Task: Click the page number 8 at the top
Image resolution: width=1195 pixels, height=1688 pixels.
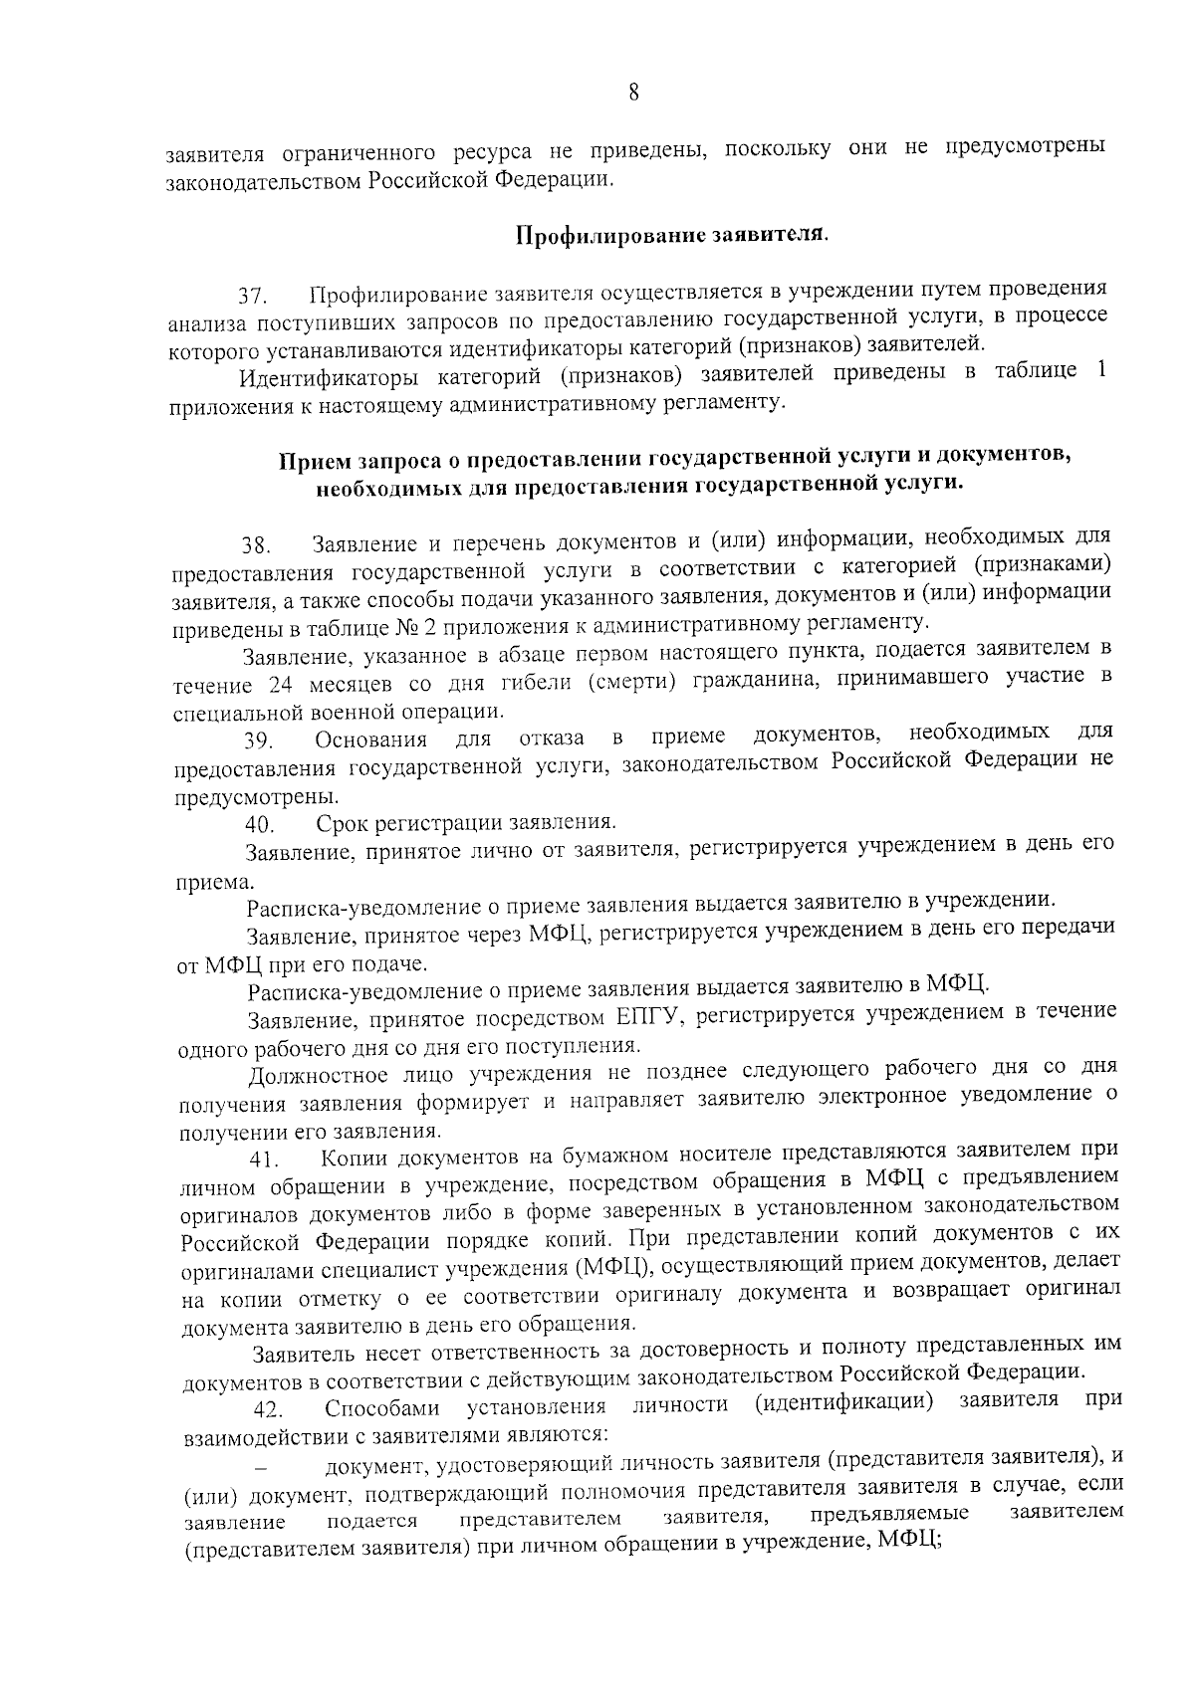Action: click(x=633, y=93)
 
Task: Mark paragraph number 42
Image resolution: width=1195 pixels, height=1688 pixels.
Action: click(x=269, y=1410)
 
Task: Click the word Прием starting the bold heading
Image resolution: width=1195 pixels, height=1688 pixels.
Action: click(x=310, y=460)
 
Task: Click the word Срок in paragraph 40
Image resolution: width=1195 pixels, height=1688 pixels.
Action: click(x=343, y=824)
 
